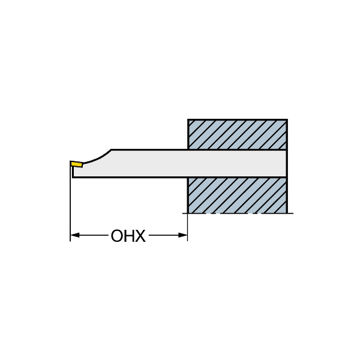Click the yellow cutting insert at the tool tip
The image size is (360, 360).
pos(77,164)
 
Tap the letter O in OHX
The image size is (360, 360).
pos(116,236)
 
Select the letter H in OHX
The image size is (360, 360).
pos(128,236)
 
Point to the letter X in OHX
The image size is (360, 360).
pos(140,236)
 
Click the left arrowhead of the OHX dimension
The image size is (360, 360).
pos(75,235)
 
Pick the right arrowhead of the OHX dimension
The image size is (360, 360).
pos(183,235)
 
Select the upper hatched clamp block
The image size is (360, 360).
pos(238,134)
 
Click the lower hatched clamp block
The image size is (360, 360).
pos(238,196)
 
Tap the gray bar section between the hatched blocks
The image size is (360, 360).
pos(237,164)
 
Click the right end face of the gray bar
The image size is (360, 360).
pos(287,164)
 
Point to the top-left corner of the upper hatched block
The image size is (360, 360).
pos(188,119)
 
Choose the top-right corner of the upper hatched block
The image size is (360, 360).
pos(287,119)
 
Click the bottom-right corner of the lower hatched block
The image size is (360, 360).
pos(287,213)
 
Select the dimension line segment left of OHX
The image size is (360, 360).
pos(94,235)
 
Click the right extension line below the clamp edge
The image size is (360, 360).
pos(188,227)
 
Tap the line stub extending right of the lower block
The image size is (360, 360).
pos(290,213)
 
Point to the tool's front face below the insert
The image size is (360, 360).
pos(73,172)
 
